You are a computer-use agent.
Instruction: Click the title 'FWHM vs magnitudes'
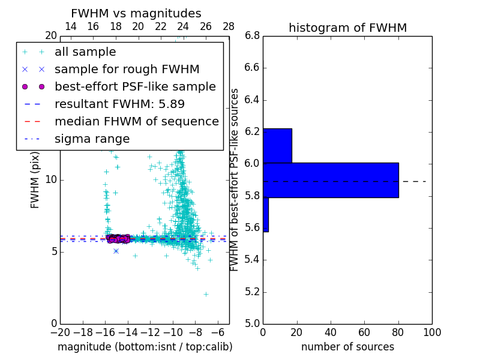coord(136,13)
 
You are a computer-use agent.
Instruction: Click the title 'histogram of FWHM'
coord(347,28)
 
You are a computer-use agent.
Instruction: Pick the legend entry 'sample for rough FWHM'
coord(127,70)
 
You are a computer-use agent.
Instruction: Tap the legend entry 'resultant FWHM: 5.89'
coord(119,104)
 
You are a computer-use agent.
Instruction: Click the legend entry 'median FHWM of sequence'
coord(136,122)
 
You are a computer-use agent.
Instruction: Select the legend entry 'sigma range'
coord(92,139)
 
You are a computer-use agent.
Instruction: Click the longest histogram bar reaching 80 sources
coord(331,180)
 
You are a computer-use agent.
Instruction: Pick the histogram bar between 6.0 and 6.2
coord(277,146)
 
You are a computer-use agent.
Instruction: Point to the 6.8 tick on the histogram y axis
coord(251,36)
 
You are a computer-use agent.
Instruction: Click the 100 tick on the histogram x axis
coord(431,332)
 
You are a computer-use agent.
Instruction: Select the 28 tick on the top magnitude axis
coord(229,26)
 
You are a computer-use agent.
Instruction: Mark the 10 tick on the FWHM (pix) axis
coord(50,179)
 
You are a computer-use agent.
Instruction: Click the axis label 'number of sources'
coord(347,347)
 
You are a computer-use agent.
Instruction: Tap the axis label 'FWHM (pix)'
coord(35,180)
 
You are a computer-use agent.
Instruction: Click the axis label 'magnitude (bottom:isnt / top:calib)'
coord(145,347)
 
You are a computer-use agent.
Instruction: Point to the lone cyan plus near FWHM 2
coord(206,294)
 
